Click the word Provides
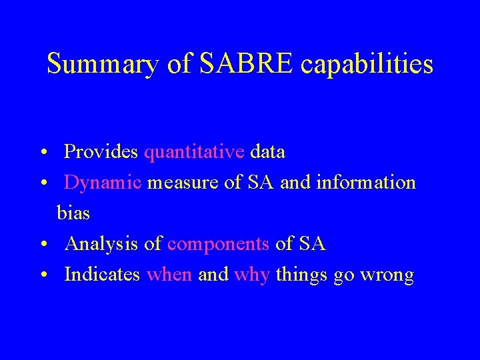pyautogui.click(x=101, y=152)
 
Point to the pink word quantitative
pyautogui.click(x=194, y=153)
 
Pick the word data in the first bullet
pyautogui.click(x=267, y=152)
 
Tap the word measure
pyautogui.click(x=183, y=183)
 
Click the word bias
pyautogui.click(x=73, y=213)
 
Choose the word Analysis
pyautogui.click(x=102, y=245)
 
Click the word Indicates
pyautogui.click(x=102, y=275)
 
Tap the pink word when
pyautogui.click(x=169, y=275)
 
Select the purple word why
pyautogui.click(x=252, y=275)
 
